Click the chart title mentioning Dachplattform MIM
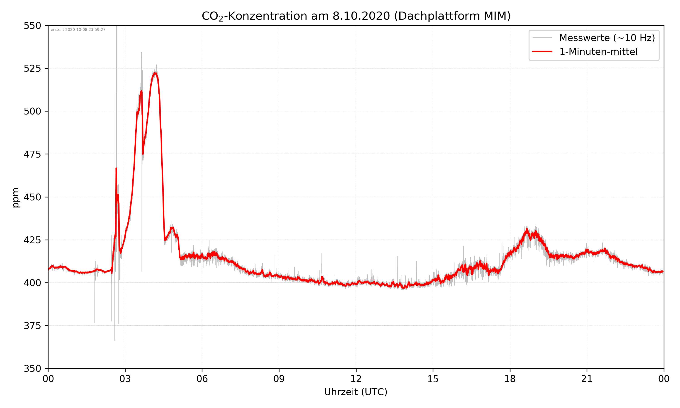(356, 16)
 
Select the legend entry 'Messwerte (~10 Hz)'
(607, 38)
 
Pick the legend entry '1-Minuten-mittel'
(598, 51)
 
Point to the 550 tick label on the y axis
(32, 26)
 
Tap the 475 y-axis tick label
(32, 154)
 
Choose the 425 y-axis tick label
(32, 240)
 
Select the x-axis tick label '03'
(125, 379)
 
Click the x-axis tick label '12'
(356, 379)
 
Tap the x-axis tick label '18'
(510, 379)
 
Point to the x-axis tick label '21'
(587, 379)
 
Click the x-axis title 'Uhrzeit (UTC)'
(356, 392)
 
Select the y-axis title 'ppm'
(16, 197)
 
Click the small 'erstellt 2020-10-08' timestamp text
(78, 30)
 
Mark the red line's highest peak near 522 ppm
(155, 73)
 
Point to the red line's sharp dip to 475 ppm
(143, 154)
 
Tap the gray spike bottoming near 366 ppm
(115, 340)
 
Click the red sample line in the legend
(542, 51)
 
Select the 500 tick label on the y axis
(32, 111)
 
